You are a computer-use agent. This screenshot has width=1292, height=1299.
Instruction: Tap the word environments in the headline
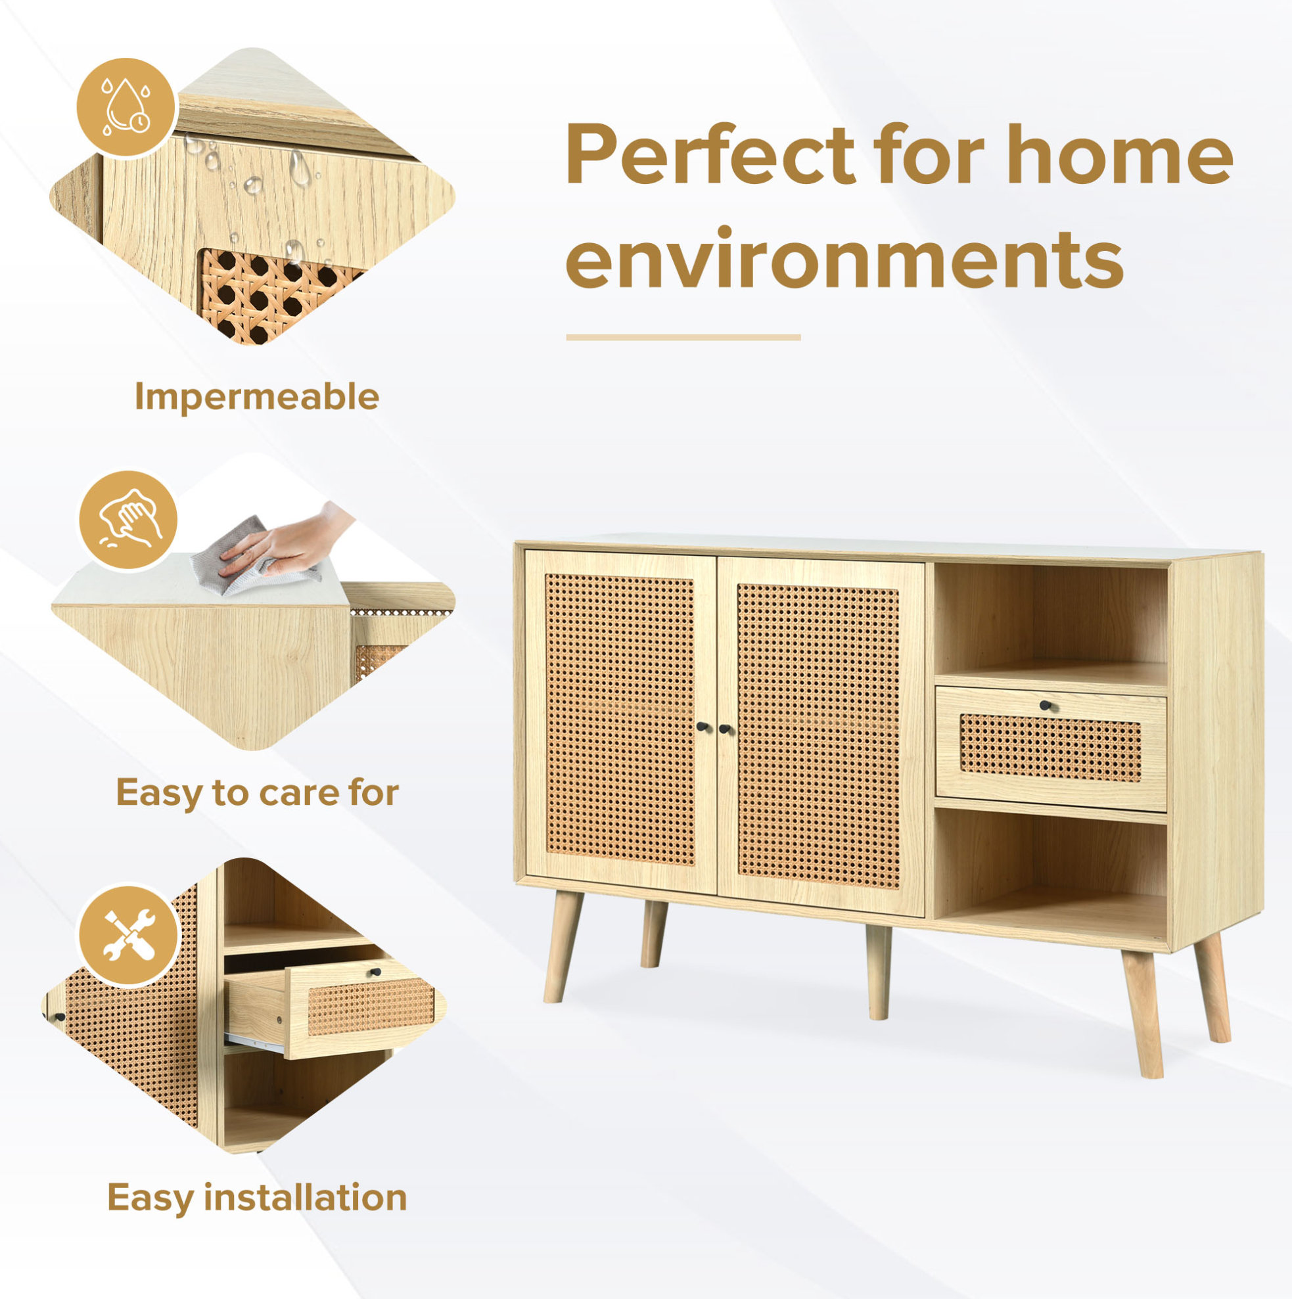pyautogui.click(x=844, y=260)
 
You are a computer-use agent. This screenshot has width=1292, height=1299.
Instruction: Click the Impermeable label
pyautogui.click(x=257, y=397)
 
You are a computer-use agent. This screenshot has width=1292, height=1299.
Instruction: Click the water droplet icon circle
pyautogui.click(x=126, y=108)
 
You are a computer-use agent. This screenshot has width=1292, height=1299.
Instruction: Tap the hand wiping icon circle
pyautogui.click(x=127, y=520)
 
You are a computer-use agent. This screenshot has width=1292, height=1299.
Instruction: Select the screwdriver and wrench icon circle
pyautogui.click(x=129, y=934)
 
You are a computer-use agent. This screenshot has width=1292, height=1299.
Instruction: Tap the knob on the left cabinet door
pyautogui.click(x=701, y=728)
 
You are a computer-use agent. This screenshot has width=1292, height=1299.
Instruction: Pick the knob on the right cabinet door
pyautogui.click(x=725, y=728)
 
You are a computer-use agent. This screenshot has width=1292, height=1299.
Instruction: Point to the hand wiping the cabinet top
pyautogui.click(x=290, y=540)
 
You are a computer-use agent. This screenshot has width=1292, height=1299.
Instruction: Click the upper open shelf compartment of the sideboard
pyautogui.click(x=1051, y=624)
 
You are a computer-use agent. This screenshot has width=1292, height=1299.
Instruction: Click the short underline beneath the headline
pyautogui.click(x=683, y=338)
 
